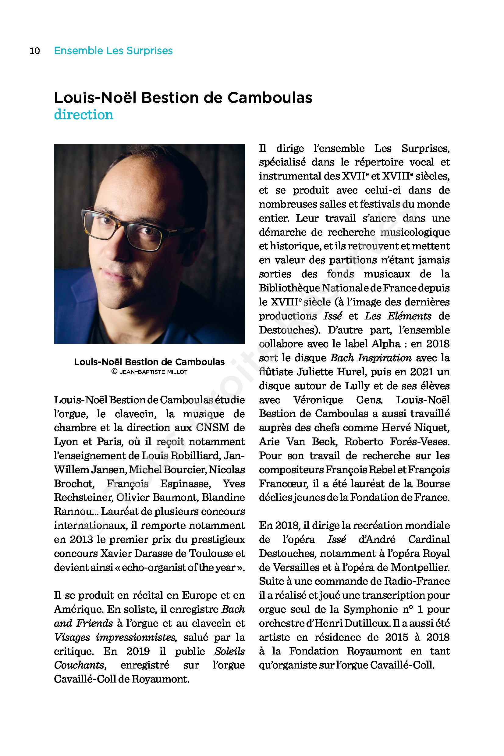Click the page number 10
click(35, 51)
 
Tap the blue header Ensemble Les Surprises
click(113, 51)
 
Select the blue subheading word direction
click(83, 115)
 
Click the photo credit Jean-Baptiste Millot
click(153, 372)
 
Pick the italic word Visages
click(72, 637)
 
